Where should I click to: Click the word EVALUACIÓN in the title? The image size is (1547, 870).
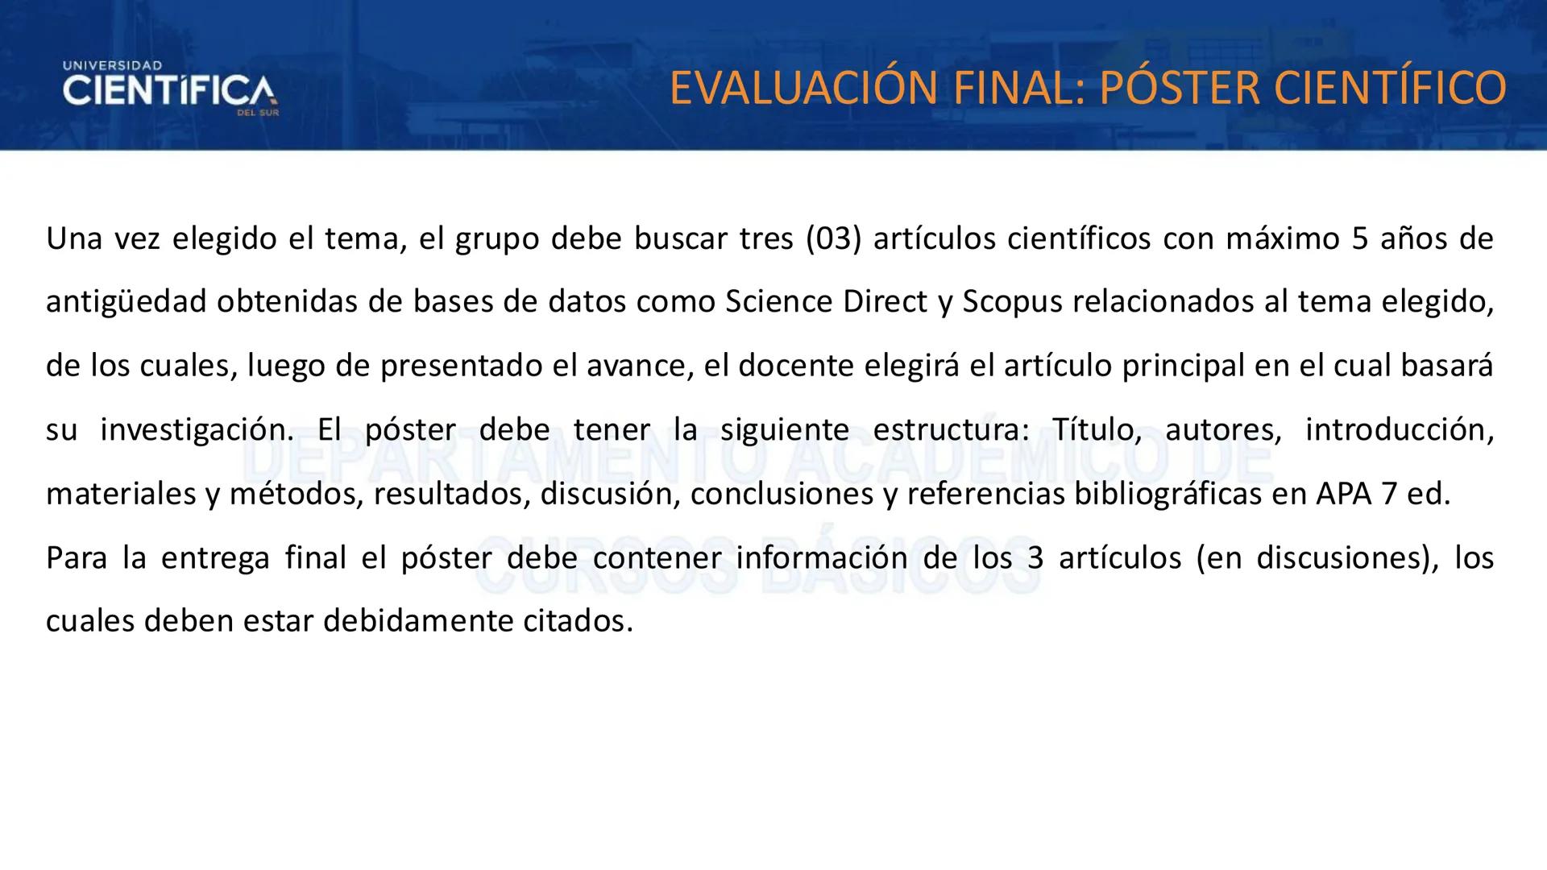(803, 89)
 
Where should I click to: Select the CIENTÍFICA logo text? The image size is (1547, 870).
(168, 91)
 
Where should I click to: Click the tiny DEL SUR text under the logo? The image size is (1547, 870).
(258, 114)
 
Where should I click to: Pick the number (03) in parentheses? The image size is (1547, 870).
(833, 238)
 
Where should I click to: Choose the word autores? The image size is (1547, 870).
(1223, 429)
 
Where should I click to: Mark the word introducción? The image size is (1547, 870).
(1399, 429)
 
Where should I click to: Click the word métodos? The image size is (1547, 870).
(300, 494)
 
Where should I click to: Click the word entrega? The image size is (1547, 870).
(215, 557)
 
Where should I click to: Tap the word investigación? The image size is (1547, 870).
(197, 429)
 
